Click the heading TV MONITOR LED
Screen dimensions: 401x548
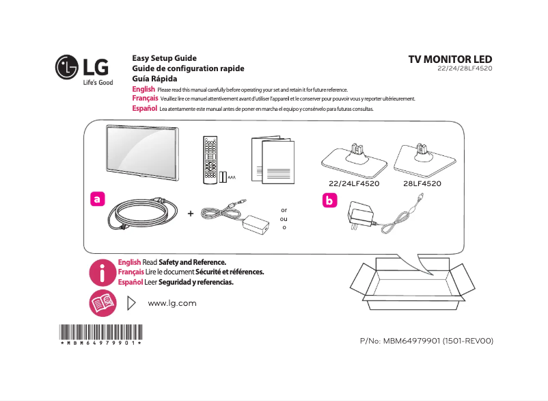pyautogui.click(x=450, y=60)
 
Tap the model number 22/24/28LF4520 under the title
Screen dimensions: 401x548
pyautogui.click(x=465, y=69)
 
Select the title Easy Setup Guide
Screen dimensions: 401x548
pyautogui.click(x=164, y=58)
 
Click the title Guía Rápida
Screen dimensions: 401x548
pyautogui.click(x=154, y=79)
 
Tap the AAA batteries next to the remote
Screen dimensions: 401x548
pyautogui.click(x=224, y=177)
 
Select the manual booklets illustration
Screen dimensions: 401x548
pyautogui.click(x=273, y=160)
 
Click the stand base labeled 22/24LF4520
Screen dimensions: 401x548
pyautogui.click(x=354, y=158)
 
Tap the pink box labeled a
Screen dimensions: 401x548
pyautogui.click(x=98, y=199)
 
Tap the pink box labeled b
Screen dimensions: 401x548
pyautogui.click(x=330, y=201)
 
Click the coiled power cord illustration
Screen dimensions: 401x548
pyautogui.click(x=141, y=214)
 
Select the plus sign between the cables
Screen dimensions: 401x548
pyautogui.click(x=190, y=214)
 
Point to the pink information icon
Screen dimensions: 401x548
pyautogui.click(x=102, y=272)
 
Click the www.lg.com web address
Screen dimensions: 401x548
pyautogui.click(x=172, y=303)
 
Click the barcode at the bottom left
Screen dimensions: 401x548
pyautogui.click(x=100, y=332)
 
